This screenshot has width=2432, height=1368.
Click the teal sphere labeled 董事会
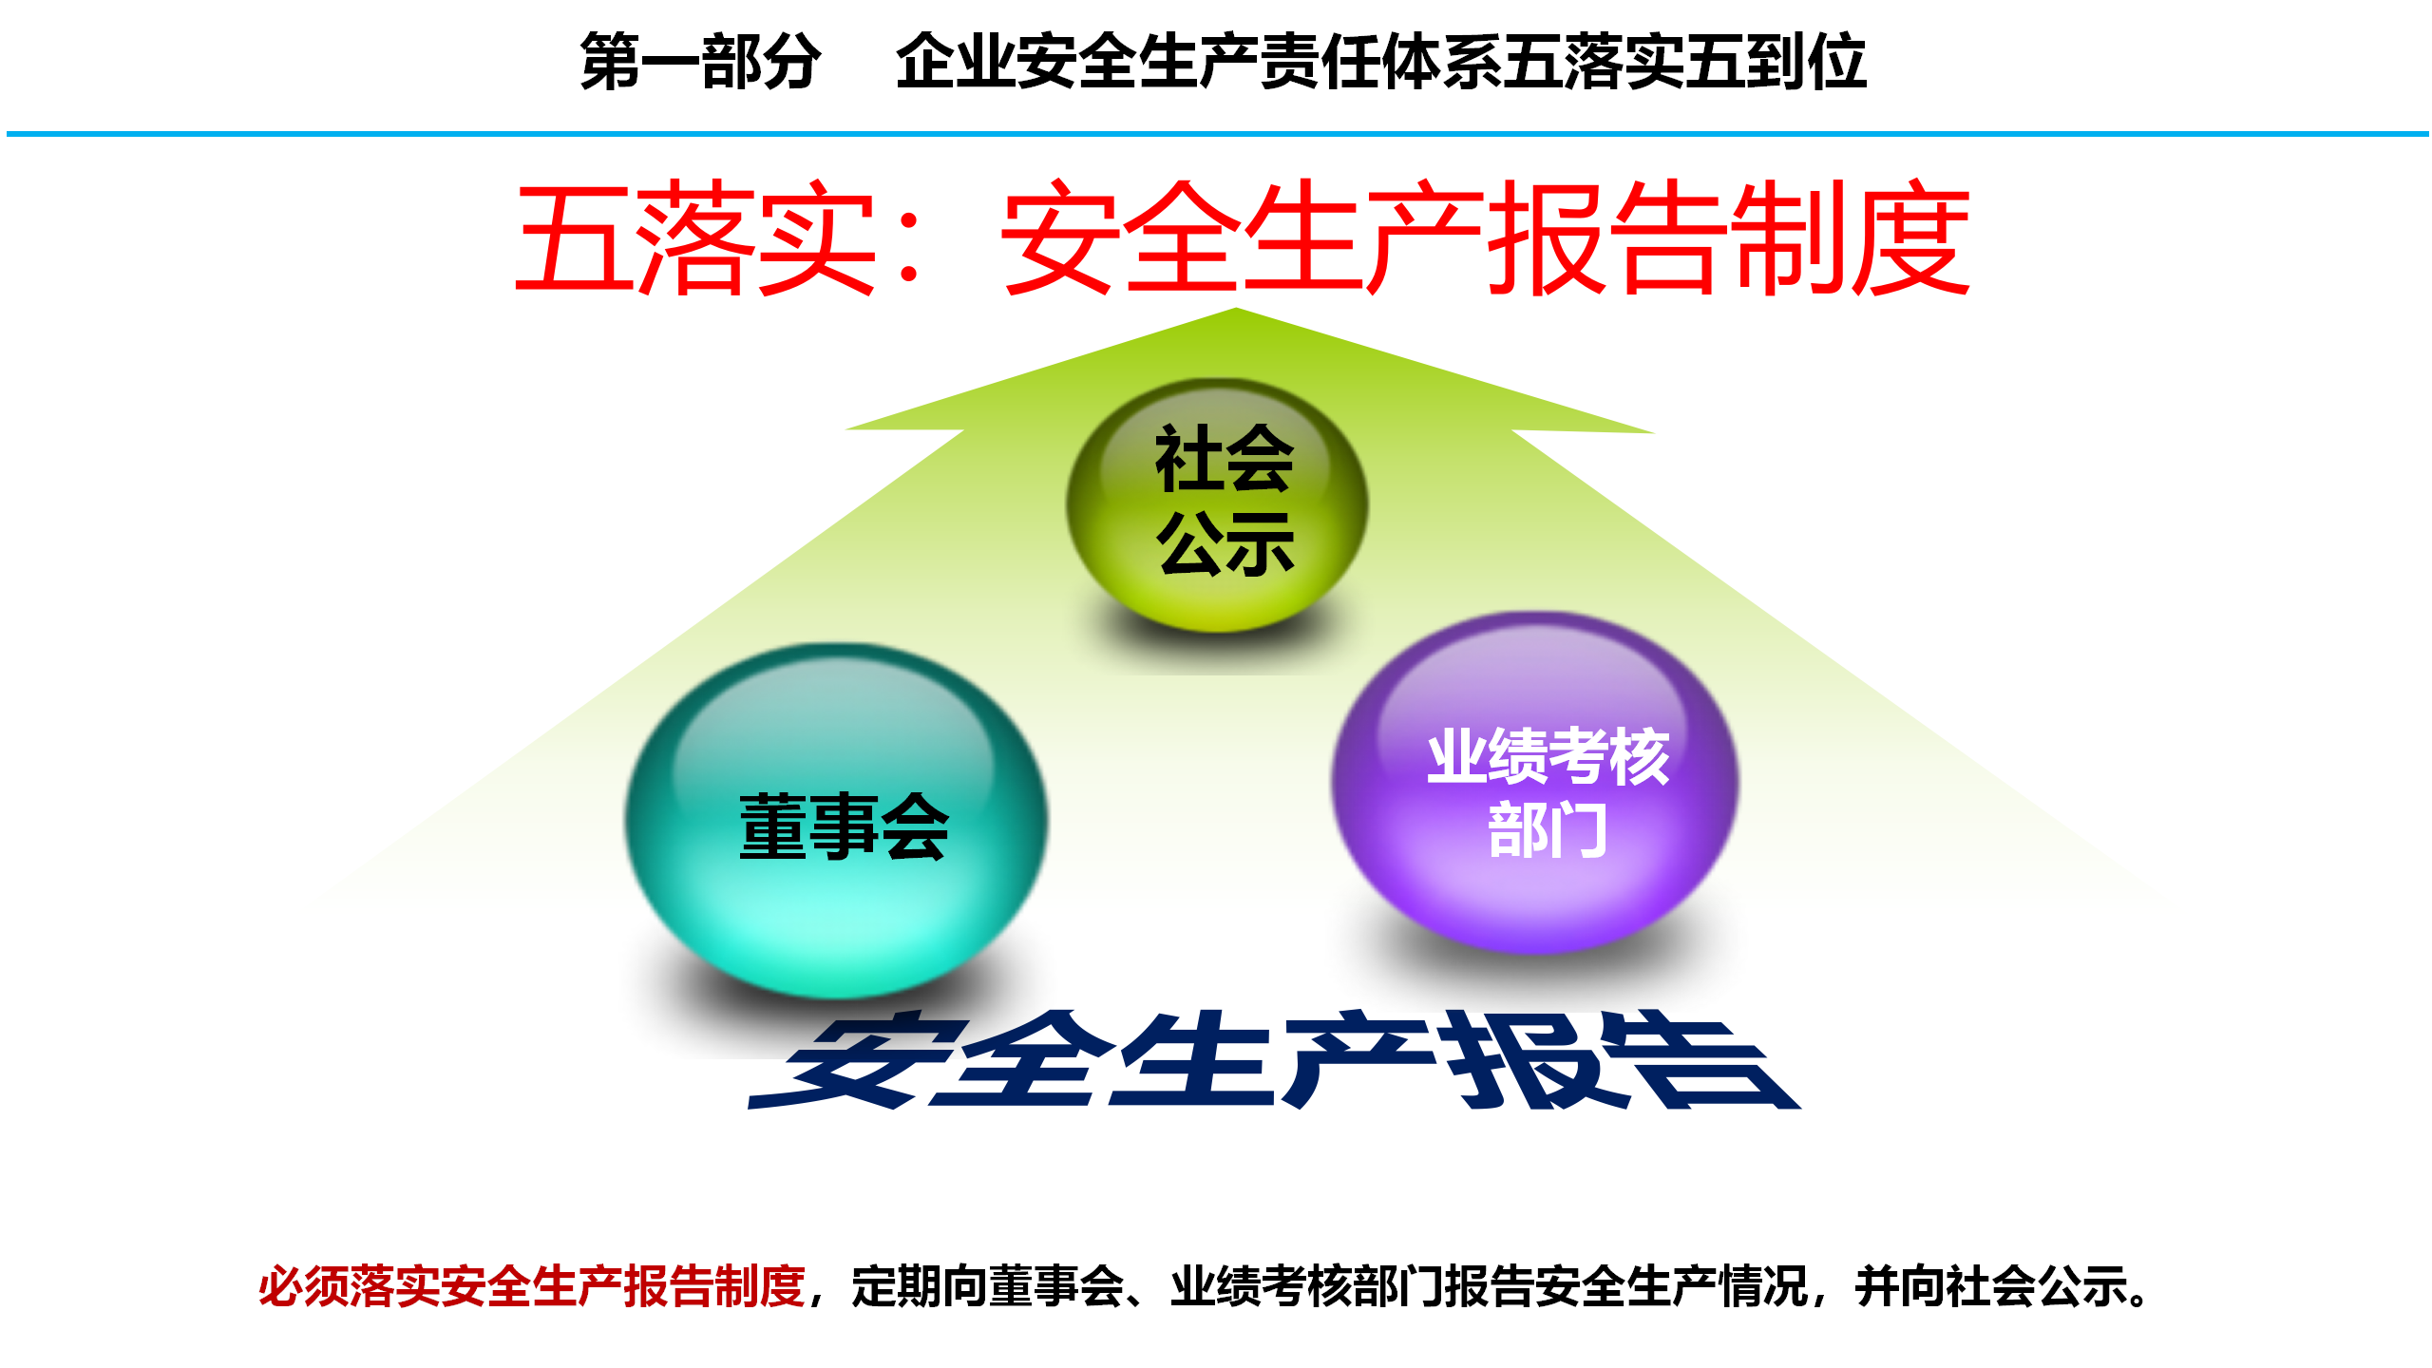836,822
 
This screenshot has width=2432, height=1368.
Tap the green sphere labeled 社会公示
1217,505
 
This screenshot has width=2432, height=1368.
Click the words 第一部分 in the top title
700,62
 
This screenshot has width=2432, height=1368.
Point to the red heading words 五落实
694,237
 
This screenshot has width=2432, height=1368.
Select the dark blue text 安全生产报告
1273,1059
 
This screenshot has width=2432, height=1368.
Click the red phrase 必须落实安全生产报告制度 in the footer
532,1286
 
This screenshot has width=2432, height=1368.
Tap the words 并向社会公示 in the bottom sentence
1991,1286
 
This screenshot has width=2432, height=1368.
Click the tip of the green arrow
1236,308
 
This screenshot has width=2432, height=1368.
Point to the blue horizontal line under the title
1217,134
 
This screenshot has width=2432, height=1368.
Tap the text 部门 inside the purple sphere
1548,829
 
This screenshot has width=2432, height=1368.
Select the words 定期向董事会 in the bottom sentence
988,1286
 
